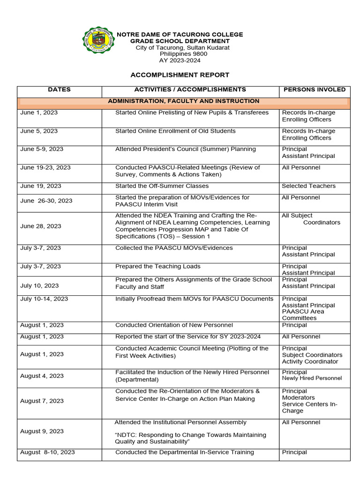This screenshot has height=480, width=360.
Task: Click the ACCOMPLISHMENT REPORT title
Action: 180,75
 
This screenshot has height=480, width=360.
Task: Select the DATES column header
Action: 59,90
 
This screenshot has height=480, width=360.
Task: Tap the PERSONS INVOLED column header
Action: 315,90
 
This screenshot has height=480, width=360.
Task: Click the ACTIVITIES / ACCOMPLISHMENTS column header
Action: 190,90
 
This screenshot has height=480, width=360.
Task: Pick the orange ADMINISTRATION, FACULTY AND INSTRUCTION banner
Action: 183,101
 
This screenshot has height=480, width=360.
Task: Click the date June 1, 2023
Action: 39,113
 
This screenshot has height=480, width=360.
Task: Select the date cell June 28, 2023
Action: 41,226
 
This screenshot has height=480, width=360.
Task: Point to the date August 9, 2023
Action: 42,431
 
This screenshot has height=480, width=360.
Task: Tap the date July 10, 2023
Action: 39,285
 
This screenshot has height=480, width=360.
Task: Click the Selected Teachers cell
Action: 308,186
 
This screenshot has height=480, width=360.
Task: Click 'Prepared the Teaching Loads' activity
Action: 157,266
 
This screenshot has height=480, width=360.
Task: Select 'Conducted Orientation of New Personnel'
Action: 174,325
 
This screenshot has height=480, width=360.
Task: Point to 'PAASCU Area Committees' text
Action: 303,315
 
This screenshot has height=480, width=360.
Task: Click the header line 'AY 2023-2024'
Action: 180,60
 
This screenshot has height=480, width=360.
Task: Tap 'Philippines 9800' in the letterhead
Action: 180,54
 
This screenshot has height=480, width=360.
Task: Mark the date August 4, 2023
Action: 42,376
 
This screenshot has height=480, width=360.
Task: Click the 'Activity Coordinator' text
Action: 310,361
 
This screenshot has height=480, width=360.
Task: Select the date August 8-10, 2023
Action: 47,452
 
